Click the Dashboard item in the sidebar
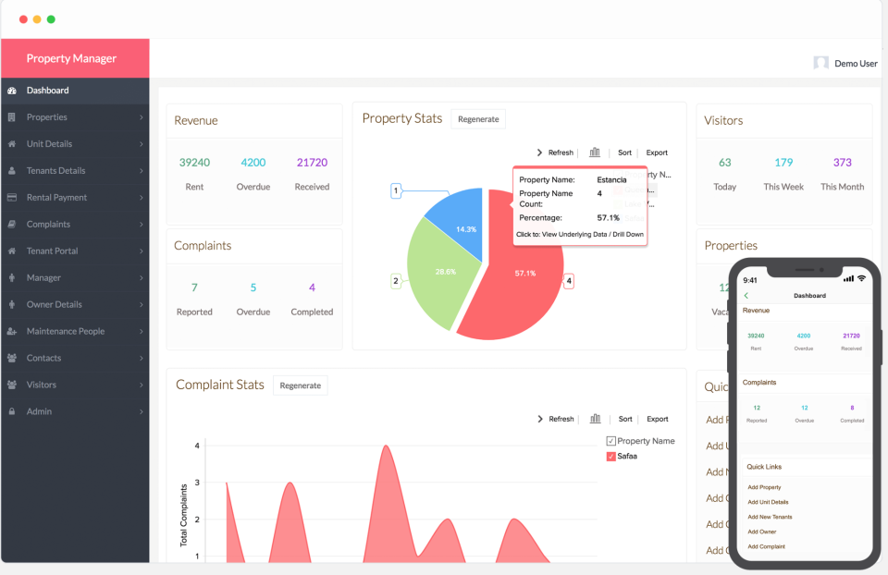point(47,91)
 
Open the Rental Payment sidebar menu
point(56,198)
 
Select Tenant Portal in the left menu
point(52,251)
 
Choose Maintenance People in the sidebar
point(65,331)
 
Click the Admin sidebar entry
point(39,411)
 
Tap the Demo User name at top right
point(856,64)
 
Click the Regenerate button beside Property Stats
point(478,119)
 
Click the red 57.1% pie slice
point(518,287)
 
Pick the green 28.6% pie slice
point(435,273)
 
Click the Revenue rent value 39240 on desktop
point(194,163)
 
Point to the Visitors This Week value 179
point(783,163)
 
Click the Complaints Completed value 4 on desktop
point(312,287)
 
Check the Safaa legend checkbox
point(610,457)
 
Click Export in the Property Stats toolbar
point(657,153)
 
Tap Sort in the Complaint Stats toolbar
point(625,419)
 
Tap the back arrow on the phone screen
point(746,295)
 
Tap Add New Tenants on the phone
point(770,517)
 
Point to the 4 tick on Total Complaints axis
point(197,446)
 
